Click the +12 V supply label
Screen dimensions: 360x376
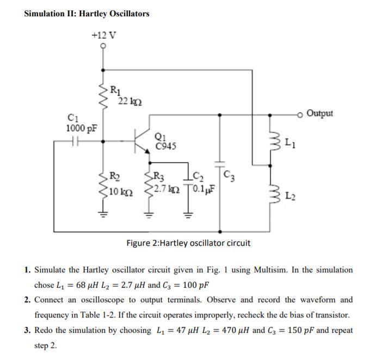103,35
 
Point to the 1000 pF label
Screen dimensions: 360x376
82,128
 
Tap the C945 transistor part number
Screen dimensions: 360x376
165,146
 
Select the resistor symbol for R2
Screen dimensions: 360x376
103,184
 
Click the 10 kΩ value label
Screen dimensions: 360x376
121,191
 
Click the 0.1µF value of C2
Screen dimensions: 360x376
204,190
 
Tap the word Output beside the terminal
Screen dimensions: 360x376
319,114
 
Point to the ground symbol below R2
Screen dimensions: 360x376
103,213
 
